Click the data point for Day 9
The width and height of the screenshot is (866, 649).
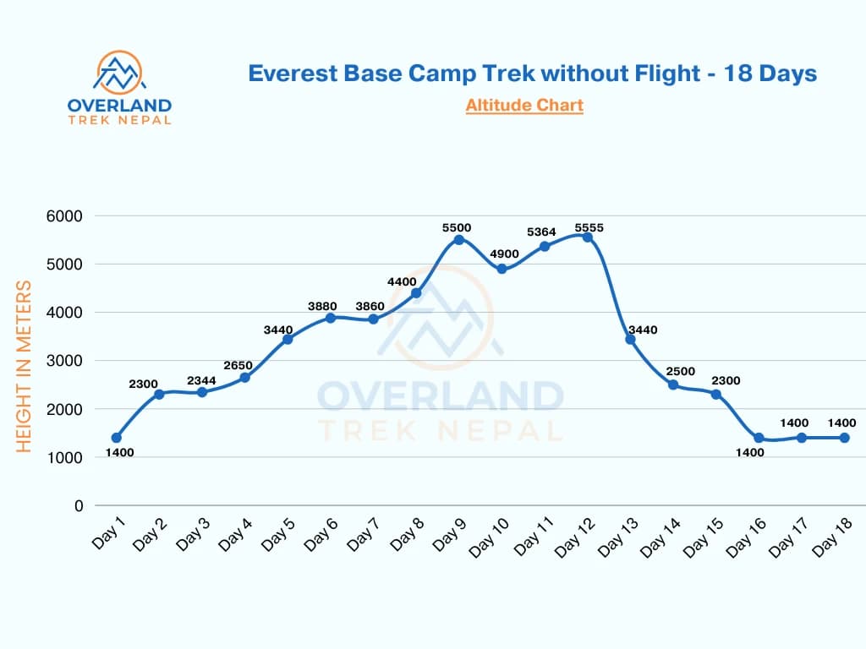tap(458, 240)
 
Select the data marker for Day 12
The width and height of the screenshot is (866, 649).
tap(587, 237)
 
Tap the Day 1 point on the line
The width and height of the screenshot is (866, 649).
tap(116, 438)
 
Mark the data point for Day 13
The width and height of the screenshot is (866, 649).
tap(630, 339)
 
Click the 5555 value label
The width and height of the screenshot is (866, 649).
tap(589, 227)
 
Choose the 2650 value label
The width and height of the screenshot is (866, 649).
tap(244, 365)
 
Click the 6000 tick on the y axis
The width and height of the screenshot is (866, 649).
tap(65, 216)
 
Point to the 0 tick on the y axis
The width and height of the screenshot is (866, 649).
tap(79, 506)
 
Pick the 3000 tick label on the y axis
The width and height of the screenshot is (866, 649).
tap(65, 361)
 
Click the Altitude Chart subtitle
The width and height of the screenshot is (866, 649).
tap(524, 106)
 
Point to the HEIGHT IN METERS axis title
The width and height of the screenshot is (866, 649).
tap(25, 367)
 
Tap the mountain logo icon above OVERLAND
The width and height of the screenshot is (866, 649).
tap(118, 72)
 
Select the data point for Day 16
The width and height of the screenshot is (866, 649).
tap(759, 438)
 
